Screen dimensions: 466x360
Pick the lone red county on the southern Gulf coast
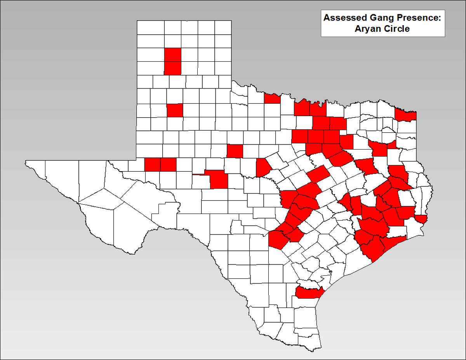tap(308, 292)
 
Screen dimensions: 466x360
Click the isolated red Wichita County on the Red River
tap(272, 99)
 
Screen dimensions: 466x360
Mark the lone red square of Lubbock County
tap(175, 110)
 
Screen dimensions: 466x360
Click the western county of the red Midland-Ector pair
tap(152, 165)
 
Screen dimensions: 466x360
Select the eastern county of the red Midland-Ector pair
tap(168, 165)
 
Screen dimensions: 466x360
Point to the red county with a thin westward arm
tap(217, 179)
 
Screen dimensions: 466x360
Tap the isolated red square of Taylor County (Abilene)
tap(235, 151)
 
